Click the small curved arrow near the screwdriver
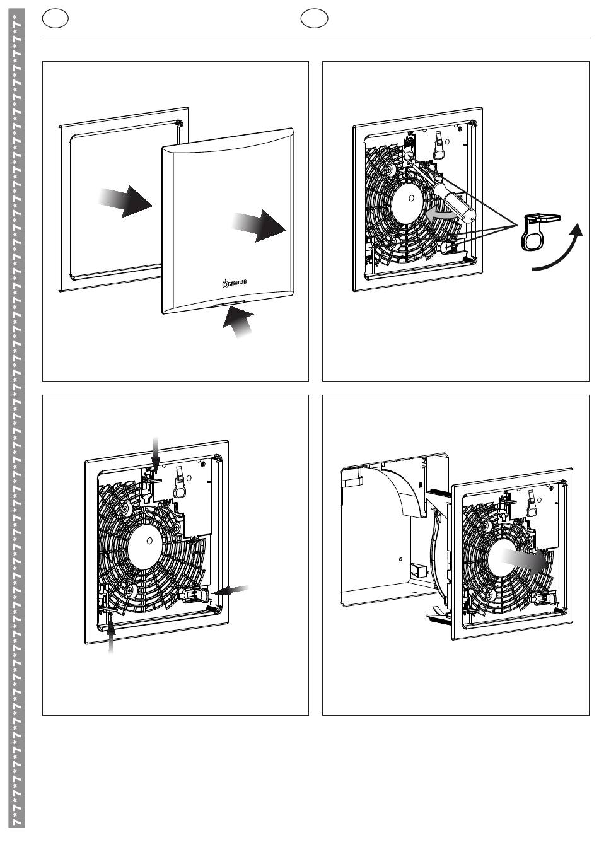[x=439, y=216]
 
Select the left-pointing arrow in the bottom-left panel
[x=232, y=590]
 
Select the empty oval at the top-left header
[x=55, y=19]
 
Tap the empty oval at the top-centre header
[x=314, y=19]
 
